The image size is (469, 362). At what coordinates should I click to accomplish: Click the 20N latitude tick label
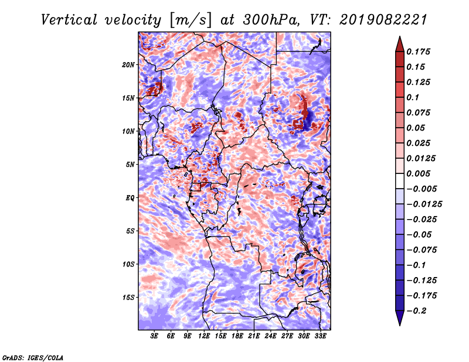tap(128, 64)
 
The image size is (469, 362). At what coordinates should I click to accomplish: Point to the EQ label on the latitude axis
tap(130, 197)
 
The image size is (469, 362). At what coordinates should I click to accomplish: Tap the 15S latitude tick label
tap(128, 298)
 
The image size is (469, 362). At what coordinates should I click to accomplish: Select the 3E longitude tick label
tap(154, 336)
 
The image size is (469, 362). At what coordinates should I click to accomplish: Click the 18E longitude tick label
tap(237, 336)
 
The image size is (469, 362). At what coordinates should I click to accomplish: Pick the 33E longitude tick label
tap(320, 336)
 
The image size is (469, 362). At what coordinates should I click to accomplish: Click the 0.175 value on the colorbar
tap(418, 52)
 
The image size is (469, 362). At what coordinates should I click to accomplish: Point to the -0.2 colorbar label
tap(416, 311)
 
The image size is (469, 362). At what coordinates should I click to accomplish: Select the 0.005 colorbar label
tap(418, 173)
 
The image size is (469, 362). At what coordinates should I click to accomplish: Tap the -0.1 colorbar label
tap(416, 265)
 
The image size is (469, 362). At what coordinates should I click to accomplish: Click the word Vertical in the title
tap(69, 20)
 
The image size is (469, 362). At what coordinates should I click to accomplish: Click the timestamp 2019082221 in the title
tap(383, 20)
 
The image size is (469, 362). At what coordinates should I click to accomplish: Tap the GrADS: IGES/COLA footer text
tap(33, 358)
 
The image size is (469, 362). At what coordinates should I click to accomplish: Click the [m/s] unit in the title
tap(191, 21)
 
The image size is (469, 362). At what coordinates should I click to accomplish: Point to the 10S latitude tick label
tap(128, 264)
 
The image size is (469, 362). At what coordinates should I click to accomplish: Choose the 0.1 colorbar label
tap(413, 97)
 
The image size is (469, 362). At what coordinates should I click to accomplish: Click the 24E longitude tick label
tap(270, 336)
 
